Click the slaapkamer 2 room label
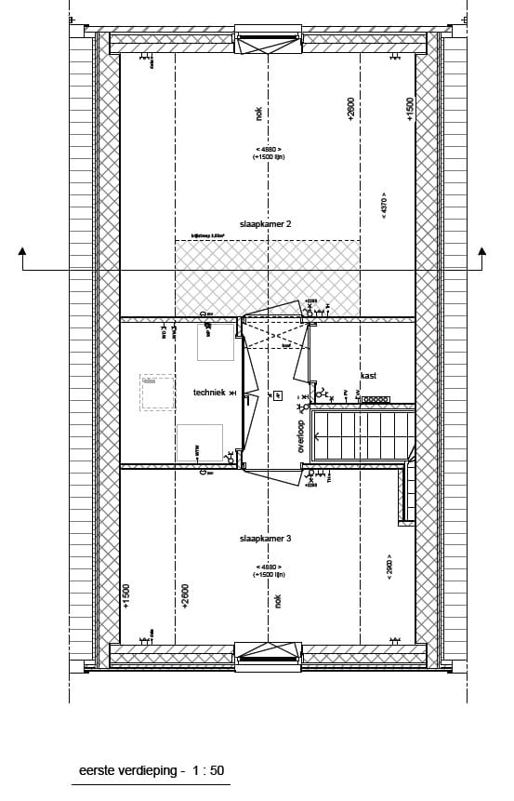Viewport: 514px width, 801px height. (266, 224)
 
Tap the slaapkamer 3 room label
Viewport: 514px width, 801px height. (266, 539)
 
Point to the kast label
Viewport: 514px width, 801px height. (368, 376)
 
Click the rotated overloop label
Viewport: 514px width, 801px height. (300, 436)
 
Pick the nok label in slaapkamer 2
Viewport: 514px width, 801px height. (258, 113)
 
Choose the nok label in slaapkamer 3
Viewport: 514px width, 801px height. (277, 602)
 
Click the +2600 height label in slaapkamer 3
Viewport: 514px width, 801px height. (186, 595)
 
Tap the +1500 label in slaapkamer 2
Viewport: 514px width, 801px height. (409, 109)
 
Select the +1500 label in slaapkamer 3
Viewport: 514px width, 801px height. (126, 595)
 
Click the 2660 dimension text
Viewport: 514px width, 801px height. (389, 568)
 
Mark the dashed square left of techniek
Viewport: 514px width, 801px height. (157, 393)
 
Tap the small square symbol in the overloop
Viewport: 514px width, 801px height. (277, 396)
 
